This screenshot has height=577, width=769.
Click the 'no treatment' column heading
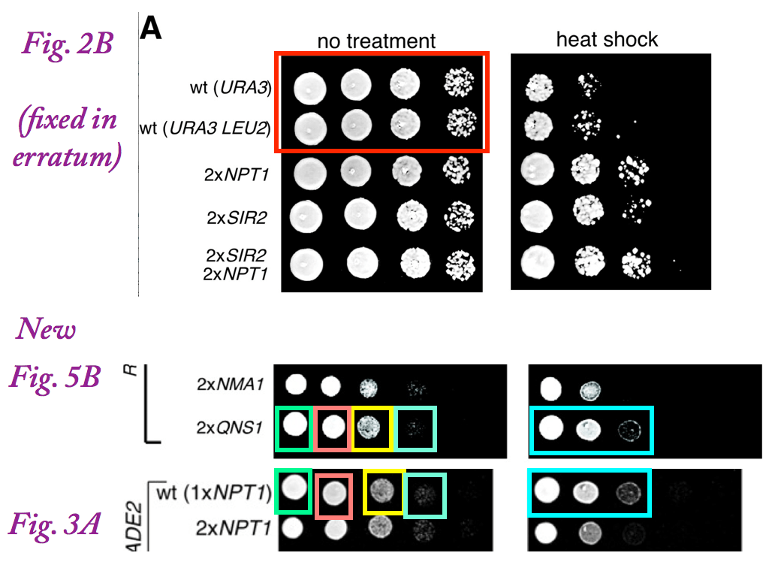[375, 41]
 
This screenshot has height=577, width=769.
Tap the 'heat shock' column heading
[607, 39]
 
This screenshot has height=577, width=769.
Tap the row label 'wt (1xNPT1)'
[213, 494]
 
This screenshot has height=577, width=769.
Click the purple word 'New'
[47, 328]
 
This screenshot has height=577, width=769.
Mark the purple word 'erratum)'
[72, 159]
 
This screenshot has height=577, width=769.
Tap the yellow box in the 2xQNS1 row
[372, 430]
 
